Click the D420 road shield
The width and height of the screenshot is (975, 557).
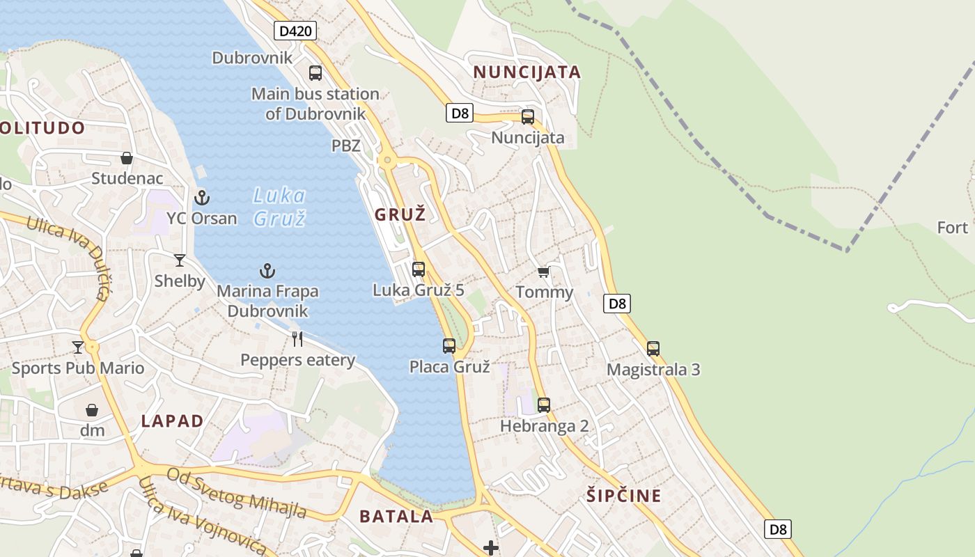tap(295, 31)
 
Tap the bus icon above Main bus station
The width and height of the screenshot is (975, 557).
tap(315, 72)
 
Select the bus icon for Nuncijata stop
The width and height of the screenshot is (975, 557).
tap(528, 116)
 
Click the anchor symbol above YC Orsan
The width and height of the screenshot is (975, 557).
tap(202, 198)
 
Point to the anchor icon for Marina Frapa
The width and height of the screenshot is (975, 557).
tap(267, 271)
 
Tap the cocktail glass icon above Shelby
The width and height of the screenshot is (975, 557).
tap(180, 260)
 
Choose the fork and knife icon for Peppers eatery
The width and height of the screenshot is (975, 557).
tap(297, 339)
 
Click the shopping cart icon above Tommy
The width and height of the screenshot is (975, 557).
tap(544, 272)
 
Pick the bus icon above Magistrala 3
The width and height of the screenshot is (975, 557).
tap(653, 348)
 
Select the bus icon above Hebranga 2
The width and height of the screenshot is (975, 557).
tap(544, 405)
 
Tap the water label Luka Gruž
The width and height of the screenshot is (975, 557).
tap(279, 207)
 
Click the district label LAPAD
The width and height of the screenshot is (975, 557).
tap(172, 421)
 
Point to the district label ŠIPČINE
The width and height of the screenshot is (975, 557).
tap(623, 496)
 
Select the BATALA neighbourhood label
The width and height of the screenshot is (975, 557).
tap(396, 517)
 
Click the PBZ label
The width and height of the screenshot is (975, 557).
tap(346, 146)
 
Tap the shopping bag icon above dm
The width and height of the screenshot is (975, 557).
tap(92, 409)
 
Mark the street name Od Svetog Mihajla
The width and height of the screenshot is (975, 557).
tap(237, 493)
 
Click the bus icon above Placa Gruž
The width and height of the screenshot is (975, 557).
tap(449, 345)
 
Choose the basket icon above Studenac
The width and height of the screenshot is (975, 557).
tap(127, 158)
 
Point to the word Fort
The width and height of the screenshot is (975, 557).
tap(953, 228)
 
